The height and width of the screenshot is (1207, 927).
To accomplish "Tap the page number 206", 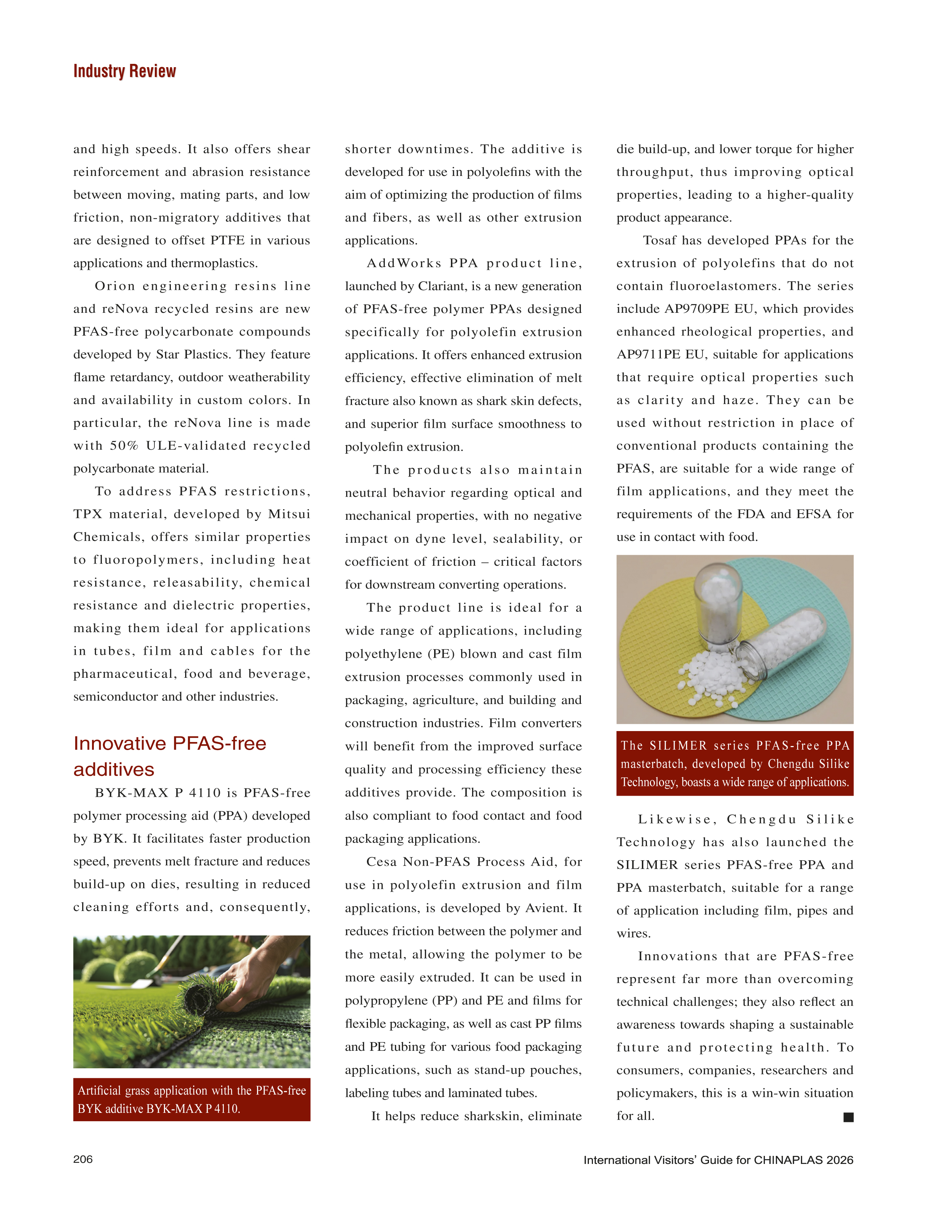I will [83, 1159].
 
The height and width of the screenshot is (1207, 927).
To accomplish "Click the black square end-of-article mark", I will [848, 1117].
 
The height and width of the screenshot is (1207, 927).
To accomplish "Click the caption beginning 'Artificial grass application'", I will [191, 1099].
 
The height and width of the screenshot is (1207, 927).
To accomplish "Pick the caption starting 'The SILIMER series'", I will [735, 764].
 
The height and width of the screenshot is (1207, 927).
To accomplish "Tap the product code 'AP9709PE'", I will [696, 309].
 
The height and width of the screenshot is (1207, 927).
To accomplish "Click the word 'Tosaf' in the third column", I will [660, 241].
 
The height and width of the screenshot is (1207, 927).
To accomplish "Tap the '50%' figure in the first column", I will [124, 446].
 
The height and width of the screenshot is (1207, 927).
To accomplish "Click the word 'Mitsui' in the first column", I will [289, 514].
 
